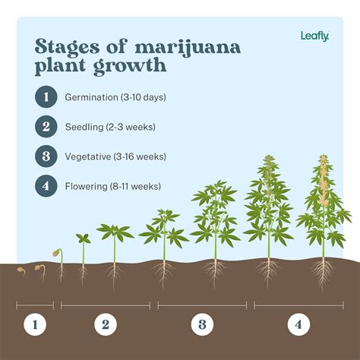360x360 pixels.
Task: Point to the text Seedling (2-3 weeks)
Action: coord(111,127)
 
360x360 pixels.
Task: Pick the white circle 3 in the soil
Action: coord(202,325)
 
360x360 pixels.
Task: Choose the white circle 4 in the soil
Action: coord(298,325)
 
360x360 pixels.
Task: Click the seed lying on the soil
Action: coord(21,270)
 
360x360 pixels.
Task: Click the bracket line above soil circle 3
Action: coord(202,305)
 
